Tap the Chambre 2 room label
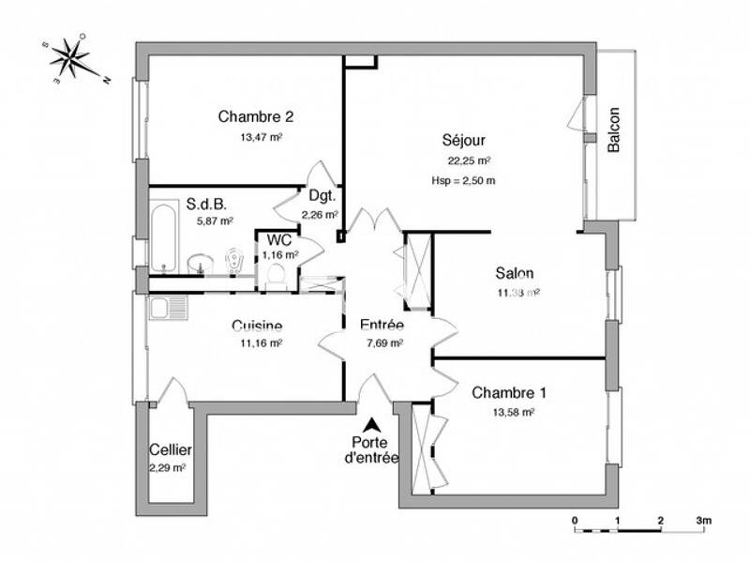tap(256, 117)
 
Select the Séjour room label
tap(464, 141)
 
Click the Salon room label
tap(515, 274)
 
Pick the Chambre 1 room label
tap(508, 392)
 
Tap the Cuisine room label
tap(257, 326)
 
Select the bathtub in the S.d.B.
tap(165, 236)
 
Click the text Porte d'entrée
tap(373, 450)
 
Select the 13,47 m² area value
tap(262, 136)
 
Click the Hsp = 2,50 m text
tap(463, 180)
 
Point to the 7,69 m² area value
tap(382, 342)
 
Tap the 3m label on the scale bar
tap(704, 519)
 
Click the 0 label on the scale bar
tap(575, 519)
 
